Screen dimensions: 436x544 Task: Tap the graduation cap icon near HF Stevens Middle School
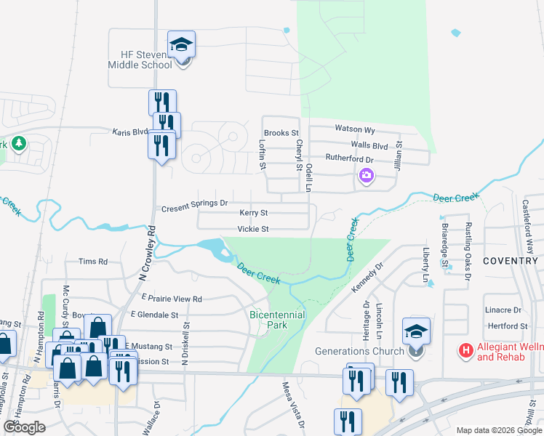180,45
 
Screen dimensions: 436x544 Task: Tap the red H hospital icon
465,351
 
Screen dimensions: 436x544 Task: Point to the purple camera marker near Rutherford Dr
366,175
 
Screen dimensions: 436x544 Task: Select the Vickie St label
254,230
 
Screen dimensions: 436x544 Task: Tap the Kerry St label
254,213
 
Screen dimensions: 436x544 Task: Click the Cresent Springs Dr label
194,203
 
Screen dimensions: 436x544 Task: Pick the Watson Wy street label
354,129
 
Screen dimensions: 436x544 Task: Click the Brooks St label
281,133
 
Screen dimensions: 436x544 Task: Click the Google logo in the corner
24,427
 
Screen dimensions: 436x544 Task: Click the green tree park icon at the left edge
18,143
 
